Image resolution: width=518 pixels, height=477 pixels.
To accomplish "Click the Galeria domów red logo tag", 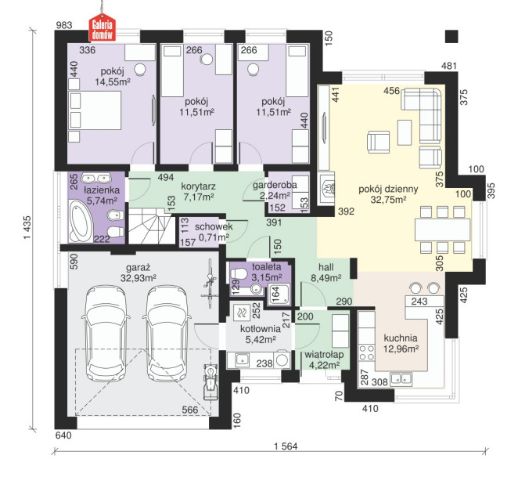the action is [x=103, y=27].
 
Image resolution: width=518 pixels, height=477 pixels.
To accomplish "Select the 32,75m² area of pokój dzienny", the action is [x=388, y=200].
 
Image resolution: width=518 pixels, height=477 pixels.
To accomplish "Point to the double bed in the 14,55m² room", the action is [x=95, y=110].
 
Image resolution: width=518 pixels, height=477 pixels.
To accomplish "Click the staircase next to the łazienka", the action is [x=151, y=226].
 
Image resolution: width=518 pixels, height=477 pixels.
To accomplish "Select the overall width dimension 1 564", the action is [x=286, y=446].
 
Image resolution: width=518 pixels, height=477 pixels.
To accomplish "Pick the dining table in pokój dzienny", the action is [x=443, y=230].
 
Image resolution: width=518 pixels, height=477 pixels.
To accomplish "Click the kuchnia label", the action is [x=401, y=338].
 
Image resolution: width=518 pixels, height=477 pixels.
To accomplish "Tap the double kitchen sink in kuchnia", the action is [x=401, y=379].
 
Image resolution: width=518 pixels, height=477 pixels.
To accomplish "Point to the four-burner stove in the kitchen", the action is [x=367, y=352].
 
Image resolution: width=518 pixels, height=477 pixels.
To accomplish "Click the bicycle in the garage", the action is [x=210, y=284].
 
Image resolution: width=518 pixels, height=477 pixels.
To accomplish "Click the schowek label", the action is [x=214, y=226].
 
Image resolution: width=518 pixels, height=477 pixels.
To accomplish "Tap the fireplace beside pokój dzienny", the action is [x=327, y=189].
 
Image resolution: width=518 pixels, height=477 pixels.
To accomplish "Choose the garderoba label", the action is [x=275, y=186].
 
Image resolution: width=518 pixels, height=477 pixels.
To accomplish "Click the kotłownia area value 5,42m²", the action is [x=261, y=339].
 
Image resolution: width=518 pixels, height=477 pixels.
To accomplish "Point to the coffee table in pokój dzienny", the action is [x=405, y=132].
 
